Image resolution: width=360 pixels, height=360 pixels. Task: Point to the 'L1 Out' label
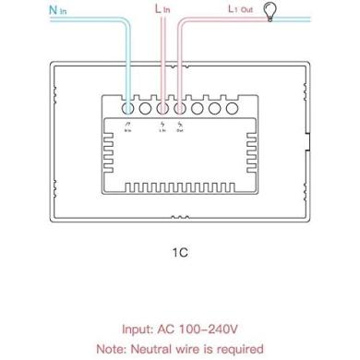[x=242, y=10]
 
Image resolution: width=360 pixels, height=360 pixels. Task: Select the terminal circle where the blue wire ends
[x=127, y=107]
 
